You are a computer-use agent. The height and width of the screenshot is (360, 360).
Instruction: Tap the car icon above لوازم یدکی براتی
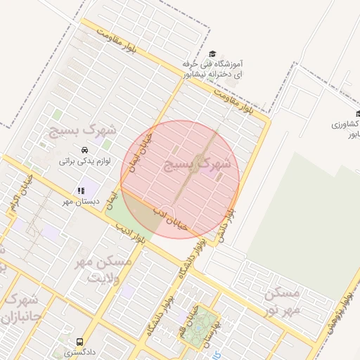[x=84, y=150]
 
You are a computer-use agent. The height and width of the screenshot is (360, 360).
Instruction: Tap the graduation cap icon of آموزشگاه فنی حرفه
[x=213, y=53]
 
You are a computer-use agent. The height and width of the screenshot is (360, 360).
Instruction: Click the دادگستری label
[x=79, y=351]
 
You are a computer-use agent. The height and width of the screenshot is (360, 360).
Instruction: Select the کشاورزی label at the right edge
[x=345, y=124]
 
